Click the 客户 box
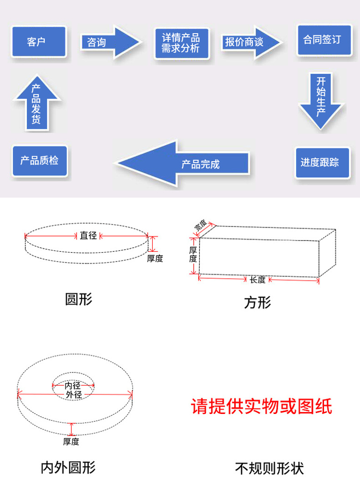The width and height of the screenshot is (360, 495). [x=39, y=42]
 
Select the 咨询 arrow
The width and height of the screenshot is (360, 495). [x=111, y=42]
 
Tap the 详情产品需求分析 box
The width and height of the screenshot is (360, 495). [x=181, y=44]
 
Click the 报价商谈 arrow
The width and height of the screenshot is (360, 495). [x=251, y=42]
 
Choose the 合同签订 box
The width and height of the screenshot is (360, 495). [x=324, y=40]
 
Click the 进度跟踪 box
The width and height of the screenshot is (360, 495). [x=322, y=163]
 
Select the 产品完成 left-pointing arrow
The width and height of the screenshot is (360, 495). [x=182, y=163]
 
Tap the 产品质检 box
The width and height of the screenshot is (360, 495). [x=40, y=161]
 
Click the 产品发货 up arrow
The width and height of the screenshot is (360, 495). [x=37, y=102]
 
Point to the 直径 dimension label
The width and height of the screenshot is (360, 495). [x=88, y=235]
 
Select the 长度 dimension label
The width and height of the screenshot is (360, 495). [x=257, y=280]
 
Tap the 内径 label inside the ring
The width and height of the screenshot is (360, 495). [x=72, y=385]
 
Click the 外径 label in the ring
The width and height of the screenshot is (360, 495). [x=74, y=395]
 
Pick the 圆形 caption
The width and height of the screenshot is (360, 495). [x=79, y=299]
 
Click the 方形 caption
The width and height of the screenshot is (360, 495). [x=257, y=302]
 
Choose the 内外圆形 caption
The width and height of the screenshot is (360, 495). [x=68, y=468]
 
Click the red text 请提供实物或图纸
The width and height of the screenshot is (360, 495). [x=262, y=406]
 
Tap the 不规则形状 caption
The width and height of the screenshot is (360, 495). [x=269, y=469]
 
